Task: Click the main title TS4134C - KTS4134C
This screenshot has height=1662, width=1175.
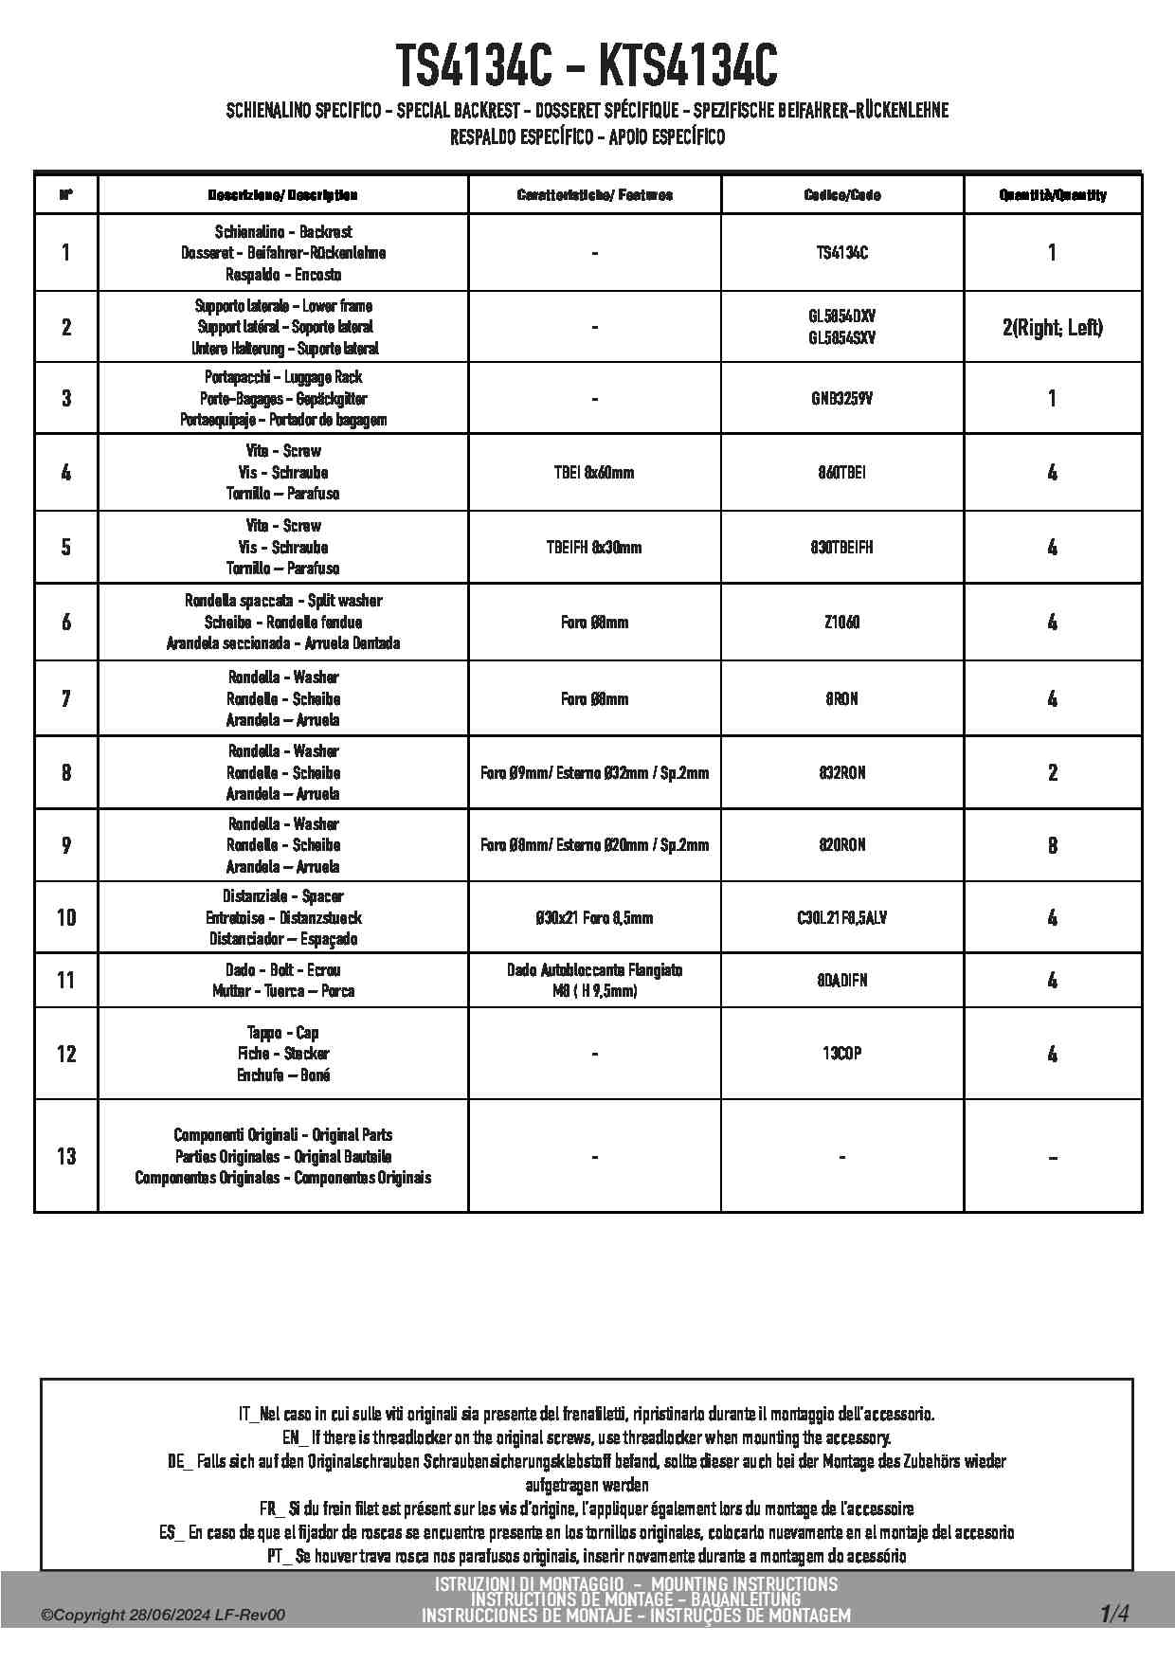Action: pos(587,66)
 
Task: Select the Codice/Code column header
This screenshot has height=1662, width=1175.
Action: pos(842,195)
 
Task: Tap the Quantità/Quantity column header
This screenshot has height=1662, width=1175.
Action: pos(1053,195)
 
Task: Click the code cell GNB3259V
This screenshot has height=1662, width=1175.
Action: pos(842,398)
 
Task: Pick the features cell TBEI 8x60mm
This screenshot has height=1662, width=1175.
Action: pos(594,472)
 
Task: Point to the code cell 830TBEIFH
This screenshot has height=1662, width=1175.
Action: pos(842,547)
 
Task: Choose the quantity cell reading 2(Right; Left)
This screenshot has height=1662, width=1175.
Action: pos(1053,328)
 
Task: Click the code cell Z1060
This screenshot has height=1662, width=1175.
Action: pos(842,622)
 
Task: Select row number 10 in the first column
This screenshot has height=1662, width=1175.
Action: pos(66,917)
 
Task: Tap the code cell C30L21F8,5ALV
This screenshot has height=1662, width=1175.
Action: pos(842,917)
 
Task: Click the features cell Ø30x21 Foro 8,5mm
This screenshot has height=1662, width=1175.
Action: pos(594,917)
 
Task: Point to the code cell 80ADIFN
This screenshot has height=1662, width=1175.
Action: pos(842,981)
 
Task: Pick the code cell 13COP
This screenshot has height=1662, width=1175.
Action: pos(842,1054)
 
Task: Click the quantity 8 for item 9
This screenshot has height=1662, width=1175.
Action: pos(1053,845)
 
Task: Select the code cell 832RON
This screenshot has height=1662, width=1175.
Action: pos(842,772)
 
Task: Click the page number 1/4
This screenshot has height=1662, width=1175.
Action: pos(1114,1613)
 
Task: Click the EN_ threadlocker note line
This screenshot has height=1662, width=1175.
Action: pos(587,1437)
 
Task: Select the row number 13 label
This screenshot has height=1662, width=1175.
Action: pos(66,1156)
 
